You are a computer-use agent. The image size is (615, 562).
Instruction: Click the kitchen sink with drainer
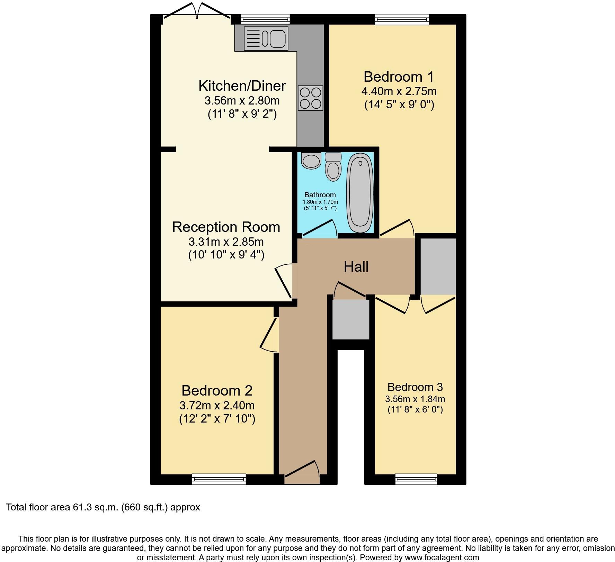[x=266, y=38]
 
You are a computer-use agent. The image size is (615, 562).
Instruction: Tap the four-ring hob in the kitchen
[x=311, y=98]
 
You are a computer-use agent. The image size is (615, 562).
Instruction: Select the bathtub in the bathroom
[x=360, y=193]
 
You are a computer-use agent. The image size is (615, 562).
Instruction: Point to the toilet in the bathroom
[x=333, y=167]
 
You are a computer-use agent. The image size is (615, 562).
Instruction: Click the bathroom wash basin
[x=311, y=161]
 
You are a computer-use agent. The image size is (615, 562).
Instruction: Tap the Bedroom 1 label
[x=399, y=76]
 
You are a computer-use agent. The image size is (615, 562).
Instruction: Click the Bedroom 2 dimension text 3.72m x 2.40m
[x=217, y=405]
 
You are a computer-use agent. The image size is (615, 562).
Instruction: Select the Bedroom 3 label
[x=415, y=387]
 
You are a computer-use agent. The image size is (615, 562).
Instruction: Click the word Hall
[x=356, y=267]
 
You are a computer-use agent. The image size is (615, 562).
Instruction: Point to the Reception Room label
[x=226, y=227]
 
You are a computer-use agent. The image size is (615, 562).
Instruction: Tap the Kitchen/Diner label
[x=242, y=86]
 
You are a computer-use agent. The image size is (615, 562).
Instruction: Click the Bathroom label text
[x=320, y=195]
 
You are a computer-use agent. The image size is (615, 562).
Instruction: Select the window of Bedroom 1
[x=402, y=19]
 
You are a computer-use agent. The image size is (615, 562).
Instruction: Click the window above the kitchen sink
[x=265, y=19]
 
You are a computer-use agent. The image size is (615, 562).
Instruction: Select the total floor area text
[x=103, y=507]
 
